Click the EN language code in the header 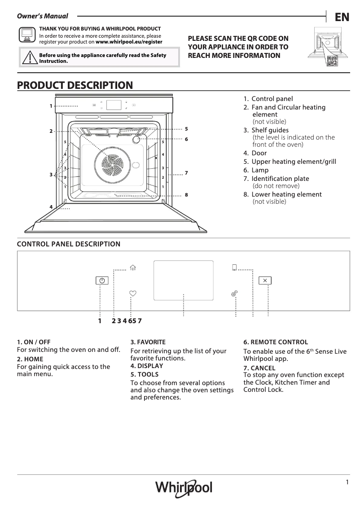tap(342, 17)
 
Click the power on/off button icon tap(102, 281)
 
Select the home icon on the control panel tap(132, 268)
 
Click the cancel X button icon tap(265, 281)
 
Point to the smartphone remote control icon tap(234, 268)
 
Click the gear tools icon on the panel tap(234, 294)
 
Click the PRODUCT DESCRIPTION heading tap(75, 85)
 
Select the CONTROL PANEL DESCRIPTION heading tap(68, 244)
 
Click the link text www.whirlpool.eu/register tap(129, 42)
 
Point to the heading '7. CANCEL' tap(259, 368)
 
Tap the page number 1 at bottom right tap(347, 482)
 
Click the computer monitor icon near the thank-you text tap(27, 34)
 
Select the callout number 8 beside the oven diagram tap(186, 195)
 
